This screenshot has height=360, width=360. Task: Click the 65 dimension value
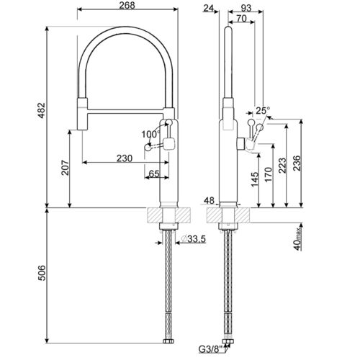click(154, 174)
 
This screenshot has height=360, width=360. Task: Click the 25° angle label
click(263, 111)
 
